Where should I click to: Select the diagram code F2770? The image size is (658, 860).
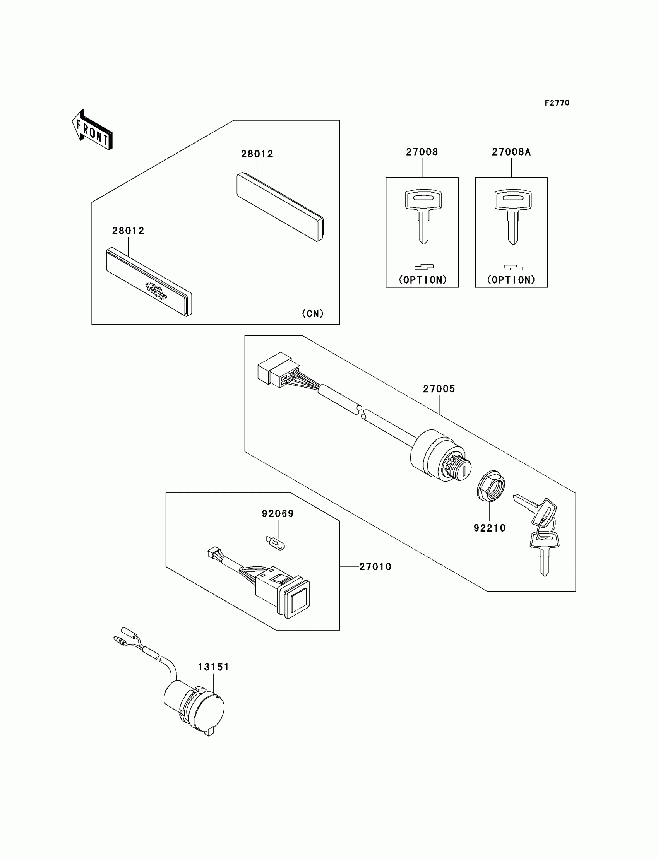coord(557,103)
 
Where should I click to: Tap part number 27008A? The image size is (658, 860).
coord(511,152)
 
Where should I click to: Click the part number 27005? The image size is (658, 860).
coord(439,389)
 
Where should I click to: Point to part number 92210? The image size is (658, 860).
coord(490,528)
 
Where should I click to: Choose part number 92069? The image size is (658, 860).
coord(278,513)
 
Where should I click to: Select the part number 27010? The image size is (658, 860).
coord(375,566)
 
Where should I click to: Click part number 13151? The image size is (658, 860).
coord(213,667)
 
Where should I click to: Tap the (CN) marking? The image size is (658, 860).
coord(313,313)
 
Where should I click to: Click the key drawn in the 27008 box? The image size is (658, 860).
coord(423,215)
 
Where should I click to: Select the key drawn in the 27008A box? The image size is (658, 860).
coord(512,215)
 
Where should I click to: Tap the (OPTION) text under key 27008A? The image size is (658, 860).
coord(511,280)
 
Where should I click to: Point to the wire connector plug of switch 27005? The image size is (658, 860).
coord(278,369)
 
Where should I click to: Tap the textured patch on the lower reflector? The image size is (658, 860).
coord(156,291)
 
